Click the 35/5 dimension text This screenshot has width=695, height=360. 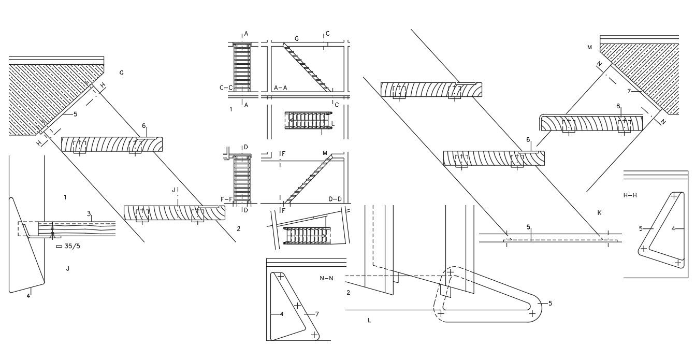[x=73, y=247]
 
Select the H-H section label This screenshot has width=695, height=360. [x=630, y=195]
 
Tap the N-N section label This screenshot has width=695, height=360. [x=326, y=278]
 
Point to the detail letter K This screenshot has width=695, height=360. [x=599, y=213]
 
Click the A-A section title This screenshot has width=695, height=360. [x=281, y=88]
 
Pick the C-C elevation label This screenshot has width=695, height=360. [x=226, y=88]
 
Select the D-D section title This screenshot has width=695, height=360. [x=335, y=199]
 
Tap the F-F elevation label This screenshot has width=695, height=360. [x=227, y=199]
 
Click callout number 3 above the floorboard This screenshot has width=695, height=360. [x=89, y=213]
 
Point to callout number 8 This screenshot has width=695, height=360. [x=618, y=106]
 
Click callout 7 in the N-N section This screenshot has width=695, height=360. [x=317, y=314]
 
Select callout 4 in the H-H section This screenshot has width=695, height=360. [x=673, y=228]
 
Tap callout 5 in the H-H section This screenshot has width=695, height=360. [x=641, y=228]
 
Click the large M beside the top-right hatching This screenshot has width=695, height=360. [x=589, y=48]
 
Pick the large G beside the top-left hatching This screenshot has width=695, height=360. [x=121, y=73]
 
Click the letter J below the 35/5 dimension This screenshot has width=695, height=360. [x=68, y=268]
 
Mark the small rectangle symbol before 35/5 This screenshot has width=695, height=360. [x=59, y=247]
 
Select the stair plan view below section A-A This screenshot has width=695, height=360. [x=309, y=121]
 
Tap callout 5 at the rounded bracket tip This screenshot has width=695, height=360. [x=550, y=304]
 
